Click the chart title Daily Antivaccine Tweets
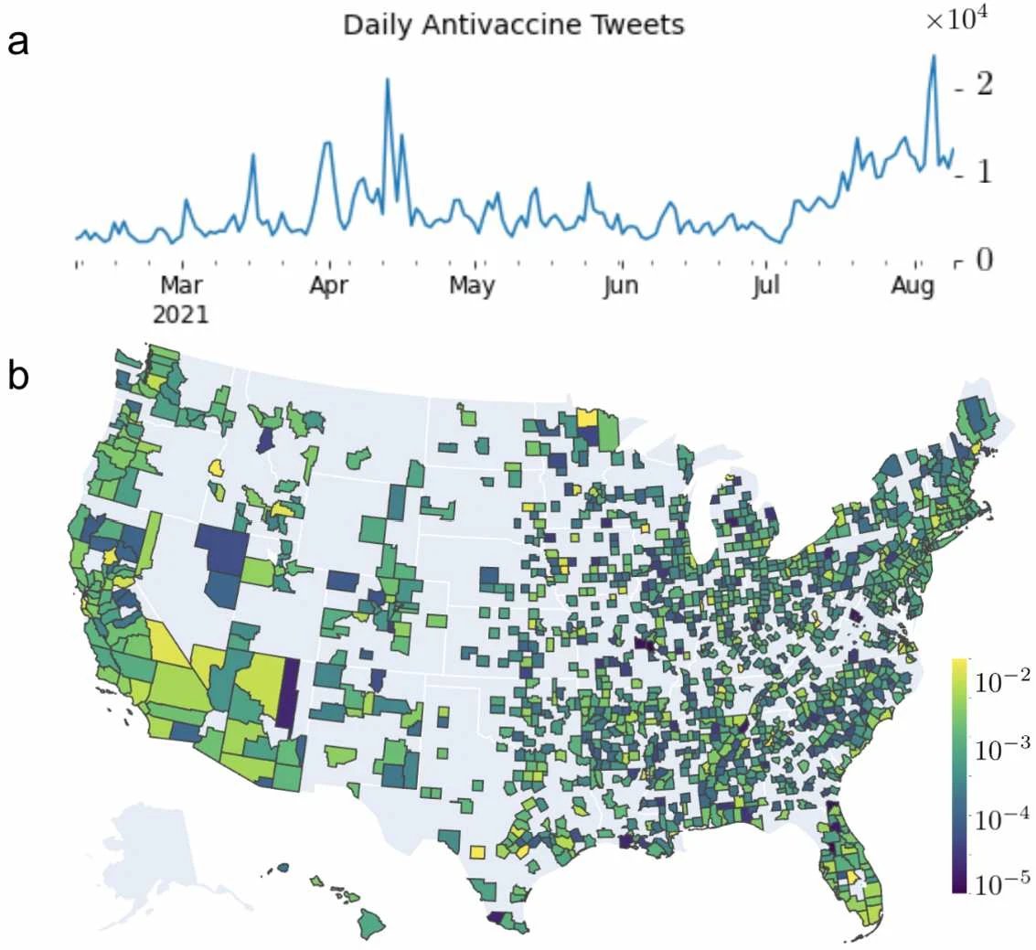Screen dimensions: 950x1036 pos(513,25)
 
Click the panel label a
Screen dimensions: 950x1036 pos(19,42)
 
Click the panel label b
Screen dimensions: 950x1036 pos(20,377)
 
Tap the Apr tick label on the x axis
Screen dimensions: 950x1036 pos(328,286)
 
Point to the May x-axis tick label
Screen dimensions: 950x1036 pos(472,286)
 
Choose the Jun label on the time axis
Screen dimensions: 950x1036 pos(621,286)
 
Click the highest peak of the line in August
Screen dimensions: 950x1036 pos(934,57)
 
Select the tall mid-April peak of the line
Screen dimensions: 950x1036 pos(388,80)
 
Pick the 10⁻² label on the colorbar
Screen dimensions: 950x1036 pos(1003,678)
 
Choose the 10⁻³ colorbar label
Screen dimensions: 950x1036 pos(1003,749)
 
